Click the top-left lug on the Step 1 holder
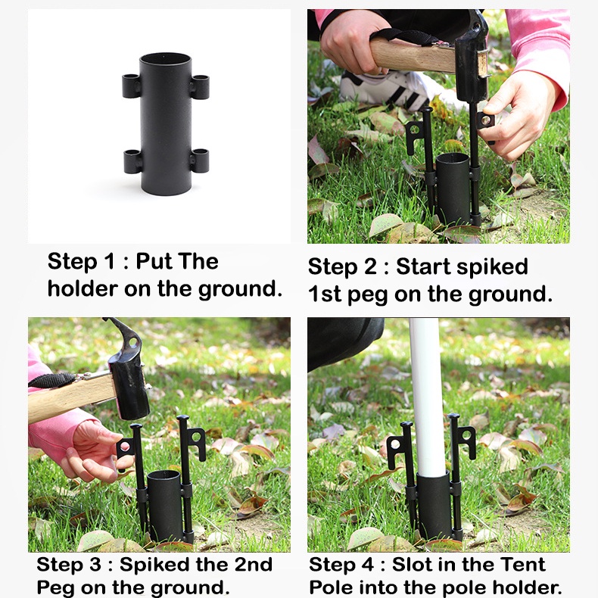(131, 86)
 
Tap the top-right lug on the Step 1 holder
(200, 87)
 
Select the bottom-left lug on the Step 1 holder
(133, 161)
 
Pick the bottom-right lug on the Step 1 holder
(200, 160)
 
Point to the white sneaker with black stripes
(385, 89)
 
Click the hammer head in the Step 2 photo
(471, 58)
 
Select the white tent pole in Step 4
(428, 397)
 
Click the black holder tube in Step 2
(453, 188)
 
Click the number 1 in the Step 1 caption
(110, 261)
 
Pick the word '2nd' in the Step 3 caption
(254, 565)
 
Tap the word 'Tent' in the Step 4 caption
(522, 565)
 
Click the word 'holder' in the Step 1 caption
(83, 288)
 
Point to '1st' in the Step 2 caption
(325, 294)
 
